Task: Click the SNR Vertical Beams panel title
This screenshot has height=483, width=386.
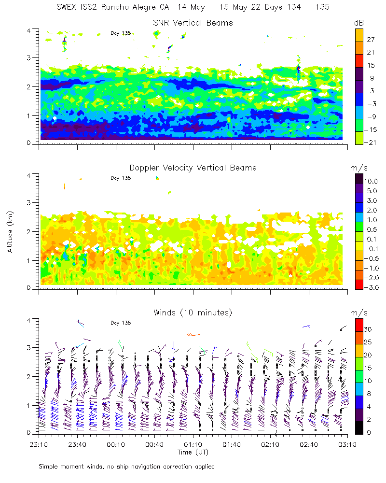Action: pyautogui.click(x=193, y=23)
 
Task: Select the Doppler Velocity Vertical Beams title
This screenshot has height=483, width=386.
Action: pyautogui.click(x=193, y=168)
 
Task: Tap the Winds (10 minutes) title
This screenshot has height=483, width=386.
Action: pyautogui.click(x=193, y=313)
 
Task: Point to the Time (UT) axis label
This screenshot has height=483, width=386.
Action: pyautogui.click(x=193, y=452)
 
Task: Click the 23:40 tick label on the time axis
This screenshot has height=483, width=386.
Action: pyautogui.click(x=77, y=444)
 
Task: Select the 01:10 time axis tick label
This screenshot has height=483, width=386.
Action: pyautogui.click(x=193, y=444)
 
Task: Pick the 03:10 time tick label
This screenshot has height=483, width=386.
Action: pyautogui.click(x=347, y=444)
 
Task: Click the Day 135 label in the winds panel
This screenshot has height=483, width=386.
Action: pyautogui.click(x=121, y=323)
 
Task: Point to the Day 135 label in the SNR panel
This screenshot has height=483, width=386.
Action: pyautogui.click(x=121, y=33)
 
